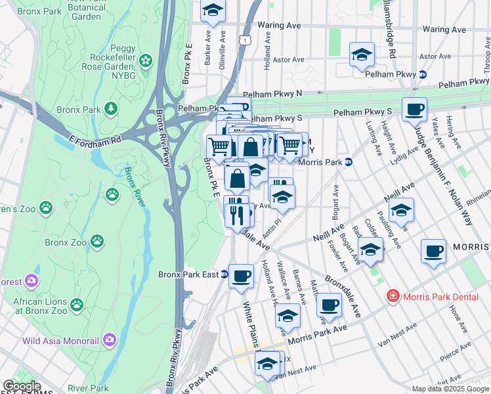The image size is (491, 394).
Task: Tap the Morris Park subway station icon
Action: (349, 162)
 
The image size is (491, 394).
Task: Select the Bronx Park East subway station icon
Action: (224, 274)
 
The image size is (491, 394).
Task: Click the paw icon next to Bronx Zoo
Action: (98, 242)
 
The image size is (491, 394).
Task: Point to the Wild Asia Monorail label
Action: (60, 340)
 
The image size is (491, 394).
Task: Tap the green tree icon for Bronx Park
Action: (112, 108)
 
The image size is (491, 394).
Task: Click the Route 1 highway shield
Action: (244, 41)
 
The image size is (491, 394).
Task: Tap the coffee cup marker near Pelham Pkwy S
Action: (414, 110)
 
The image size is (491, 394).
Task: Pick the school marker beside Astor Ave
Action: (361, 55)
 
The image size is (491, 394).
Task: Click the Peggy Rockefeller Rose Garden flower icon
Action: (146, 62)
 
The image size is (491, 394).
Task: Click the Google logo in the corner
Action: (22, 386)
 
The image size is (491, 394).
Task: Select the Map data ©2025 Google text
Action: (450, 389)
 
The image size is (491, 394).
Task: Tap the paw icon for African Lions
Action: (77, 304)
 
